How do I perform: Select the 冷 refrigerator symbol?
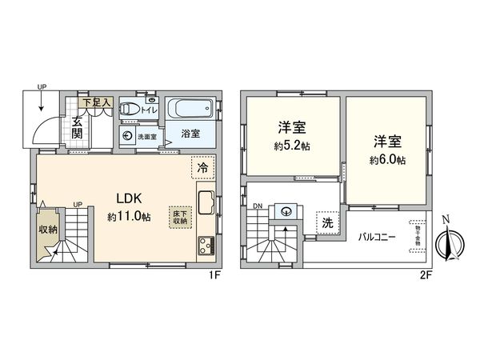(203, 169)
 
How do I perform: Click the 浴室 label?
(190, 134)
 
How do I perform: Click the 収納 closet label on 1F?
(47, 230)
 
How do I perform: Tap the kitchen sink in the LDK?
(205, 202)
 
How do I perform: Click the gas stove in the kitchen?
(205, 245)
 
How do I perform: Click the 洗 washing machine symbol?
(328, 223)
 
